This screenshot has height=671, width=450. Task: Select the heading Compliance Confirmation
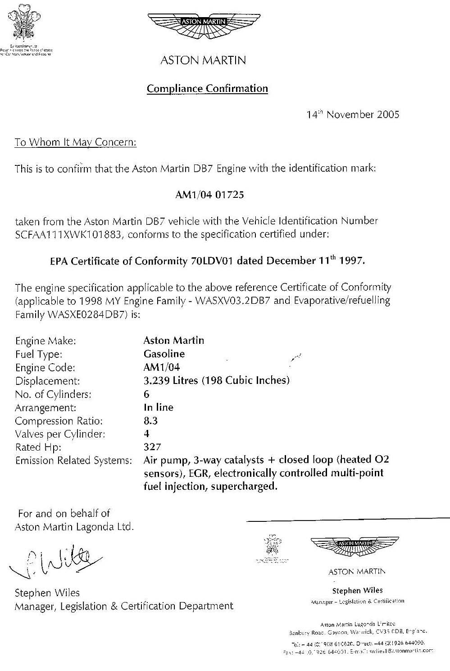207,88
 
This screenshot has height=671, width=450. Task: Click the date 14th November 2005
353,114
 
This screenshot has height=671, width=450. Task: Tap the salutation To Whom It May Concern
75,142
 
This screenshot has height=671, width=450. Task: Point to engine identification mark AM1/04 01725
209,195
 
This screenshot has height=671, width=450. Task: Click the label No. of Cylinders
53,394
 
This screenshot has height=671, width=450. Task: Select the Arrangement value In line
158,407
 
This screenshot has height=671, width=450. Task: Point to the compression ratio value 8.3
150,421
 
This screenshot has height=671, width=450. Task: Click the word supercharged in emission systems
243,487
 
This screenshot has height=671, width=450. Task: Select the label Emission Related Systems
73,461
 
